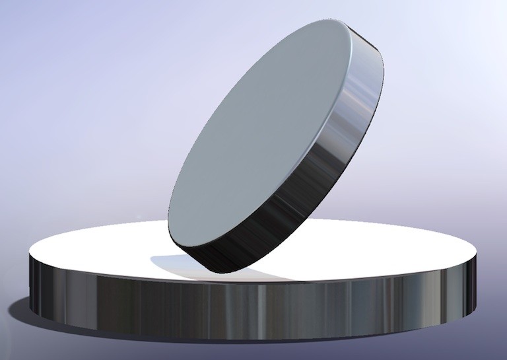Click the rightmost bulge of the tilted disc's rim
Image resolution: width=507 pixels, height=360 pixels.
384,73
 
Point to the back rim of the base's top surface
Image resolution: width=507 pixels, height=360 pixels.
396,225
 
